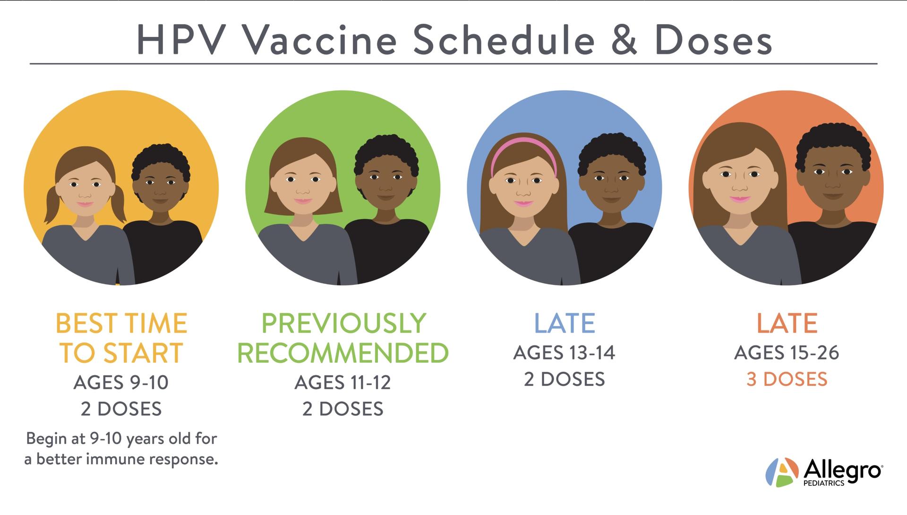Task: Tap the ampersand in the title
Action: (624, 40)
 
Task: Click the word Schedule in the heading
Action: (504, 40)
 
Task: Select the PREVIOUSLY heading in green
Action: (343, 324)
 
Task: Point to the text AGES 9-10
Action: (121, 382)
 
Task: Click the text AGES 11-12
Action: (343, 382)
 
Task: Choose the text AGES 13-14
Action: (564, 353)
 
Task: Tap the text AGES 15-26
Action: (787, 353)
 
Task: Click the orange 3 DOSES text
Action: (787, 379)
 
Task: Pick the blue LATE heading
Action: (565, 324)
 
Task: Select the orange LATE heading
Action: (787, 324)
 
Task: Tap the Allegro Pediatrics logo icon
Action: (782, 472)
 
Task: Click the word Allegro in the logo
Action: (843, 471)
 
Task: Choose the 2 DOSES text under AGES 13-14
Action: (565, 379)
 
